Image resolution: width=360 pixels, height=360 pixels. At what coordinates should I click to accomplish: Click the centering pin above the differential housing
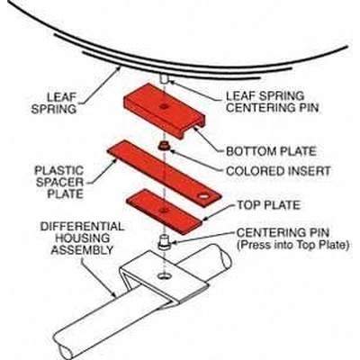pyautogui.click(x=165, y=242)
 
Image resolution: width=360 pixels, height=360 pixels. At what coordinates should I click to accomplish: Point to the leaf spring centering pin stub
pyautogui.click(x=165, y=80)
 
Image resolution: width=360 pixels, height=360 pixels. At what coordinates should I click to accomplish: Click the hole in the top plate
pyautogui.click(x=206, y=193)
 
